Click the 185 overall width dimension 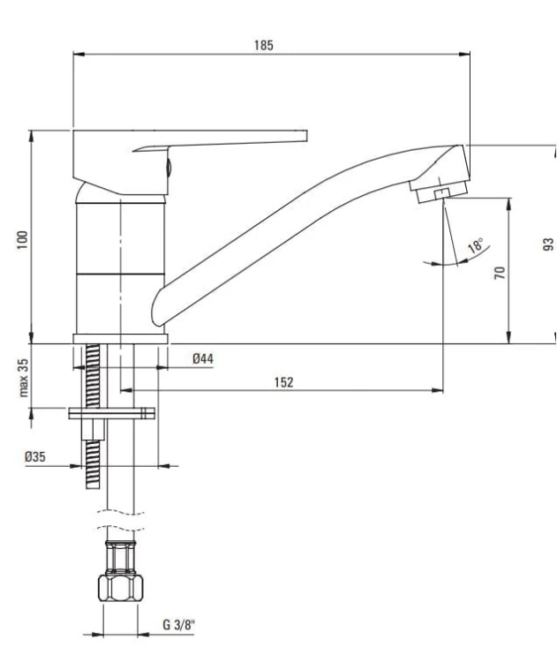click(264, 45)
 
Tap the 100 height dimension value click(23, 239)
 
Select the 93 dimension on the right click(547, 244)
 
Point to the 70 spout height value click(500, 273)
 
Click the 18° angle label click(476, 244)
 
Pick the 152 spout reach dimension click(283, 382)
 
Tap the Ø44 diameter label click(203, 359)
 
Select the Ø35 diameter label click(35, 456)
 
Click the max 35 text click(23, 378)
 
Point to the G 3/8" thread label click(179, 624)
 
